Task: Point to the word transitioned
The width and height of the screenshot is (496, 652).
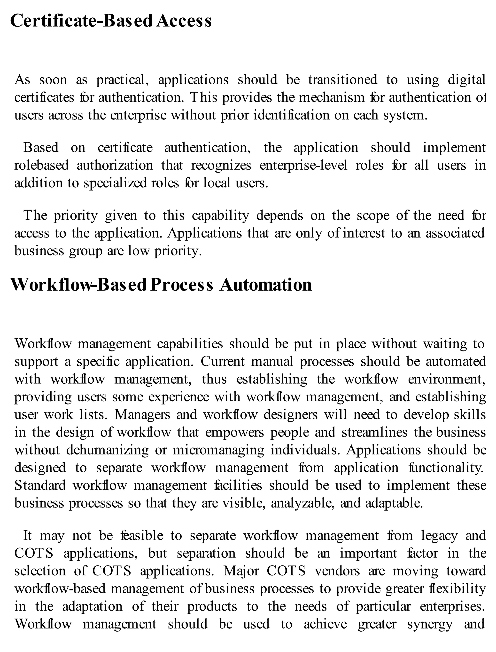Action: [x=342, y=80]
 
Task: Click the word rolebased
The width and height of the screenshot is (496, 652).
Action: [x=41, y=165]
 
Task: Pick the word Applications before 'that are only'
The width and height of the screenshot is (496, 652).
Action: [x=205, y=234]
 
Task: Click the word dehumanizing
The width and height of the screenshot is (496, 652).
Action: [x=107, y=450]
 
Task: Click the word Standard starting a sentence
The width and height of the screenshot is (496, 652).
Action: [x=40, y=486]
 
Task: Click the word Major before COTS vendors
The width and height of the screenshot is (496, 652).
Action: [x=241, y=571]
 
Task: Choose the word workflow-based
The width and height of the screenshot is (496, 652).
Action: [x=60, y=589]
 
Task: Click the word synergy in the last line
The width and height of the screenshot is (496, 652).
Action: [x=430, y=625]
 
